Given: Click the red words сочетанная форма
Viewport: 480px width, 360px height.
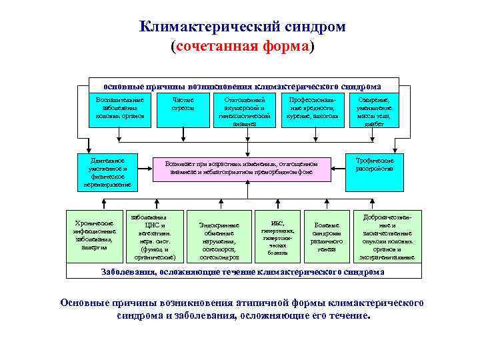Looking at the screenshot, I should (241, 48).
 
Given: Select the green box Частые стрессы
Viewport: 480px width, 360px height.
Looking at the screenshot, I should (181, 108).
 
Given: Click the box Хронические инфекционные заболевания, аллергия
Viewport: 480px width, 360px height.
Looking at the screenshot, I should (94, 235).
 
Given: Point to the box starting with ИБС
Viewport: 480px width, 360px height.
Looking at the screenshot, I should (277, 237).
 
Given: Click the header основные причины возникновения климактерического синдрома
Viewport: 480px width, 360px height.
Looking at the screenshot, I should (243, 87).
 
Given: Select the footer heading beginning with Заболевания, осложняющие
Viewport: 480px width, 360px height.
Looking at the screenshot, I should (243, 272).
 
